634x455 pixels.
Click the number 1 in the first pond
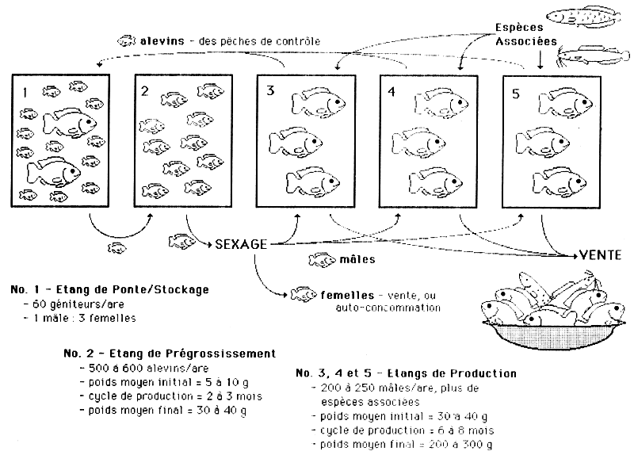click(25, 93)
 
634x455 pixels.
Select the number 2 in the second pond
click(145, 91)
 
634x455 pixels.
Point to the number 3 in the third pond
click(269, 91)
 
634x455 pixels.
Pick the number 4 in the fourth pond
click(391, 91)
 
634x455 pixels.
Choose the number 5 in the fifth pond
click(516, 93)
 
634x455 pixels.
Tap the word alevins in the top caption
click(161, 40)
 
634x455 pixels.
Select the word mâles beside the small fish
click(356, 258)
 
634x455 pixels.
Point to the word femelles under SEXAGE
click(342, 293)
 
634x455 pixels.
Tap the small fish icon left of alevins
click(127, 40)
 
